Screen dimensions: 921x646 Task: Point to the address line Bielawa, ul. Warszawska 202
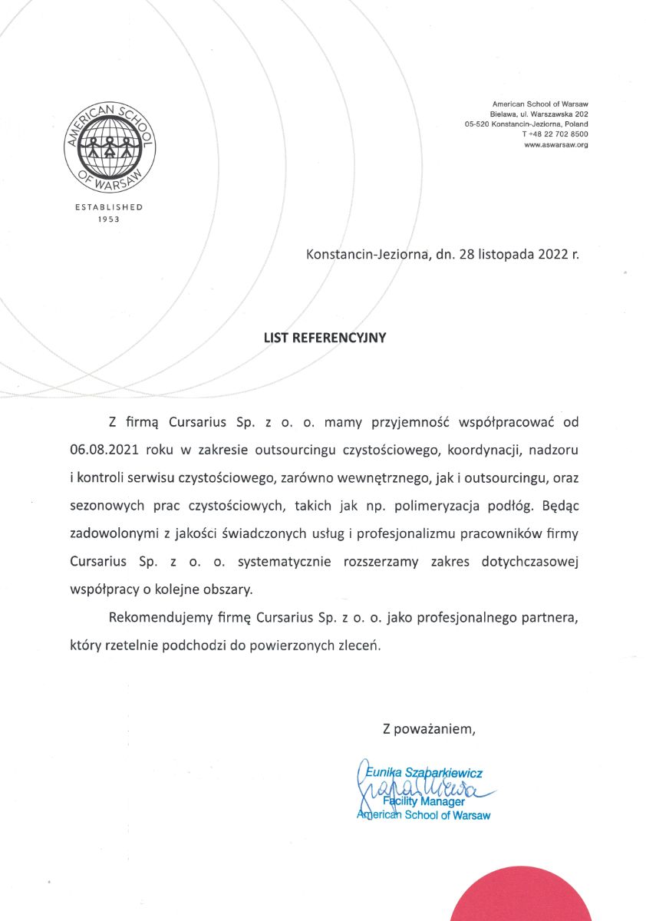[539, 114]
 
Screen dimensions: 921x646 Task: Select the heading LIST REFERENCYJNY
[325, 336]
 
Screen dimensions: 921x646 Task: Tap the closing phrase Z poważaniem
[430, 728]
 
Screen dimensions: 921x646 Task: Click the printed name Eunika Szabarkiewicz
[423, 773]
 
